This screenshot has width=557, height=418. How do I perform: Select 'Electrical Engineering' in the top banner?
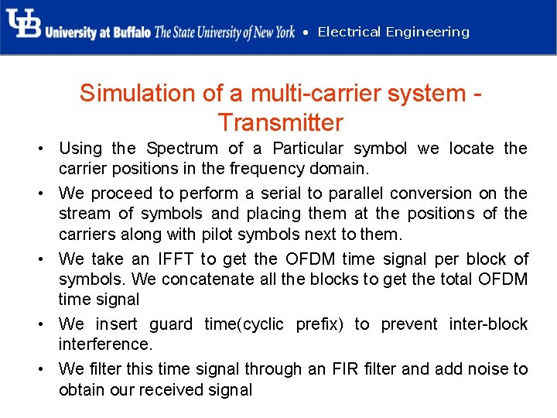[x=393, y=32]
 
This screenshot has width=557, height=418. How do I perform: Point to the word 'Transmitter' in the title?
[x=280, y=122]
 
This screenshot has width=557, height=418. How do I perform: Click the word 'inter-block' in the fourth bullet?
[x=487, y=324]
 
